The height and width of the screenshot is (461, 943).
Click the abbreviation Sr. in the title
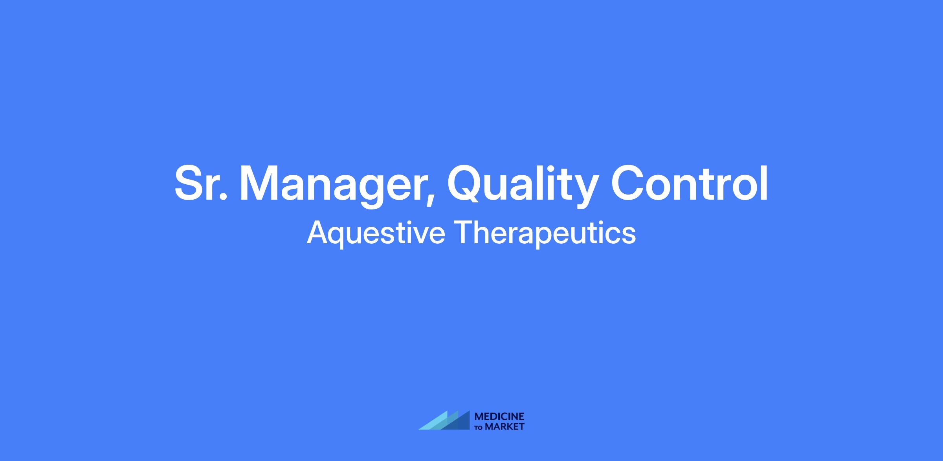point(201,183)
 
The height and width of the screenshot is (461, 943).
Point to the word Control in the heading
point(689,183)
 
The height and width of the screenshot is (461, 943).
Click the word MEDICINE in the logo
point(499,416)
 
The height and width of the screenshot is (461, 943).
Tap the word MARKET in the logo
point(505,426)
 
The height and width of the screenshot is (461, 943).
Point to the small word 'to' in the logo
point(479,427)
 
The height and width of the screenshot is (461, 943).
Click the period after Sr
point(223,197)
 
